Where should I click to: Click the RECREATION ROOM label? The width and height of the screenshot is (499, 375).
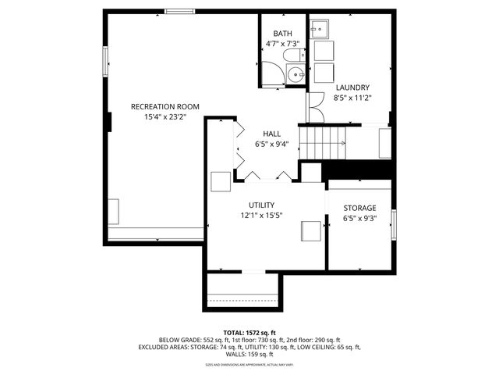165,106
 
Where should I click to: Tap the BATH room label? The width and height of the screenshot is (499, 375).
282,34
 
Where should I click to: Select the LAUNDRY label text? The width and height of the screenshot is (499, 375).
352,87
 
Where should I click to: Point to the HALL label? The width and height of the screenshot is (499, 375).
271,134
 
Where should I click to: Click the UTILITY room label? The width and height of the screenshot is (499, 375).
261,205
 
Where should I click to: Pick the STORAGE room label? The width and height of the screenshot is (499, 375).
359,208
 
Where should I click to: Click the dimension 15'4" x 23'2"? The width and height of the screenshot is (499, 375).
165,117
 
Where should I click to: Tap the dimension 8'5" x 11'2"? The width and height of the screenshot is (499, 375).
352,98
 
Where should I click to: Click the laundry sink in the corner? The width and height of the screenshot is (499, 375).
319,30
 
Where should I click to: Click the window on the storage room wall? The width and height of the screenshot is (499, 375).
393,224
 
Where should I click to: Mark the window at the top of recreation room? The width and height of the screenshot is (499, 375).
179,12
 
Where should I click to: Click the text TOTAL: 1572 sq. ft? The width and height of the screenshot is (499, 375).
249,332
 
